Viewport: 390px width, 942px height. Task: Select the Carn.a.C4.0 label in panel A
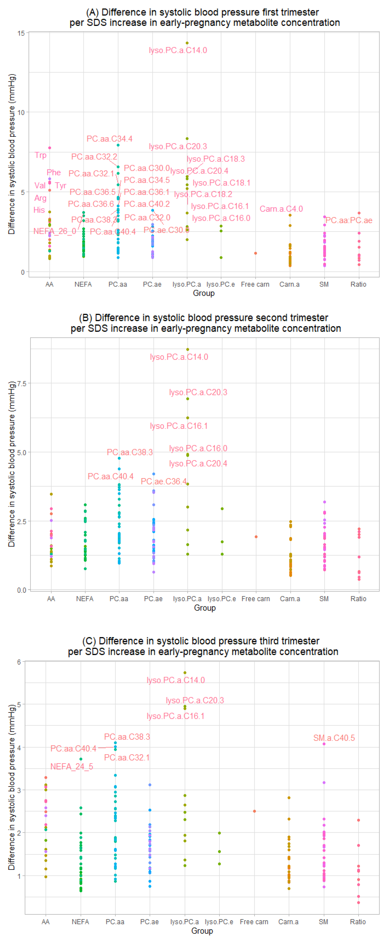[281, 209]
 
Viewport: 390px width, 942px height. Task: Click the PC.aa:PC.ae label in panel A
[349, 220]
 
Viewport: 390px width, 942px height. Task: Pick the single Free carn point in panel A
[255, 253]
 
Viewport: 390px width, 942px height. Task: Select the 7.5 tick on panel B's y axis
[22, 383]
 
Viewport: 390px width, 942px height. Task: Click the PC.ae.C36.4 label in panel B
[164, 481]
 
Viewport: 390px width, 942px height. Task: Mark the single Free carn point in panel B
[256, 537]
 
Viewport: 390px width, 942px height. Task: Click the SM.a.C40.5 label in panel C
[334, 738]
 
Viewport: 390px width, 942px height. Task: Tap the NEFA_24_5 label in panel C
[72, 767]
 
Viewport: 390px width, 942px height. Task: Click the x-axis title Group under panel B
[205, 608]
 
